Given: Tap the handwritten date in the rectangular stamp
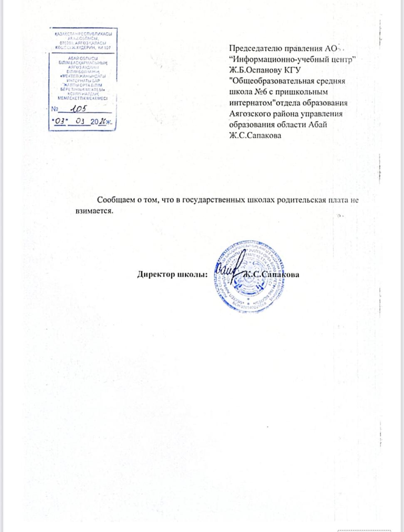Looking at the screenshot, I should click(83, 121).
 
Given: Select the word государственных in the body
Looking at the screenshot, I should click(212, 200).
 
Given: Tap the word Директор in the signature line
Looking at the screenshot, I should click(156, 274).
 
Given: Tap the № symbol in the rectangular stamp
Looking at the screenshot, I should click(55, 110).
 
